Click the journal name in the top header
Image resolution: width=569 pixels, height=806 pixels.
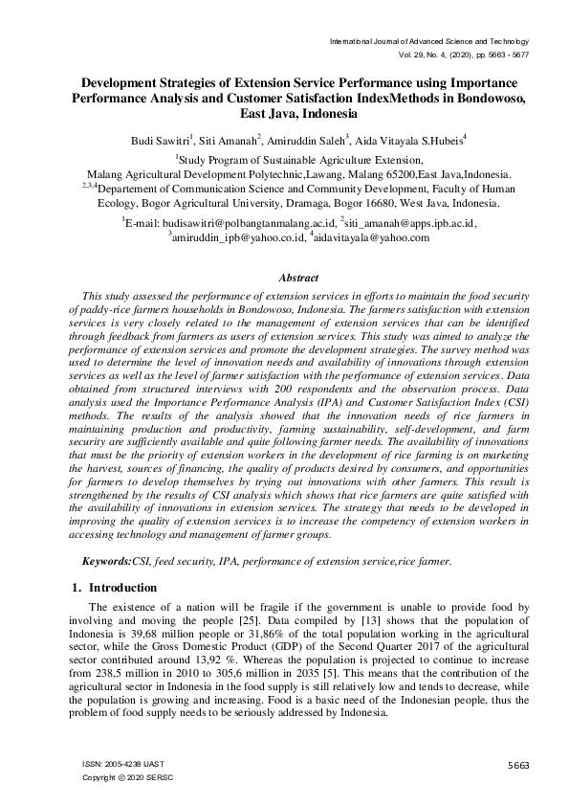pyautogui.click(x=428, y=42)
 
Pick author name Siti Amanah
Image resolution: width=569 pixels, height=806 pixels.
pyautogui.click(x=238, y=140)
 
